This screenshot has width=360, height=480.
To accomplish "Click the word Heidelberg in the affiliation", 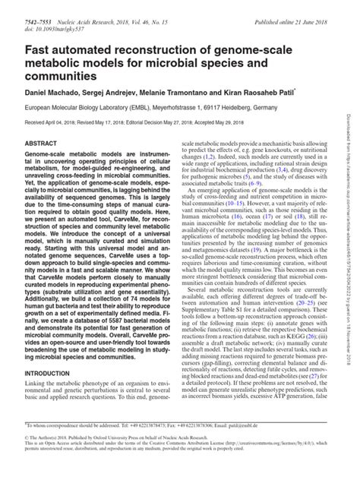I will point(247,109).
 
